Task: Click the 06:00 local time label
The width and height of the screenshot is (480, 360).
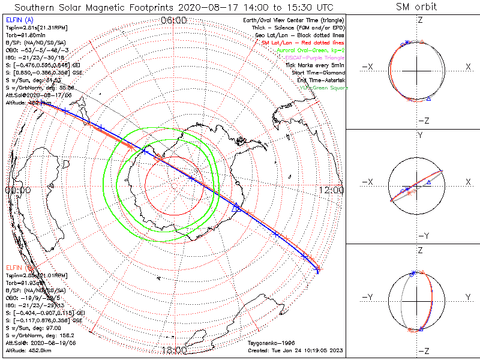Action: click(x=175, y=20)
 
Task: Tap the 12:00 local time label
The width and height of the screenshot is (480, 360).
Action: click(x=332, y=190)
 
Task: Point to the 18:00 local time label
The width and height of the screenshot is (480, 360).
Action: click(x=175, y=350)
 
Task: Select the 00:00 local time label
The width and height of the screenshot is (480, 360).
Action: click(x=17, y=190)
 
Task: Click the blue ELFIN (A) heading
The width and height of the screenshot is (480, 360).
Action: click(x=17, y=20)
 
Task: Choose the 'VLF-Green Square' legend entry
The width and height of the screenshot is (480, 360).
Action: click(x=323, y=88)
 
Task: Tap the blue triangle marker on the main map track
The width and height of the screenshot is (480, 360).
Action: click(x=236, y=208)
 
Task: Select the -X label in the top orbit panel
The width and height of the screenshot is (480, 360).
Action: click(x=369, y=67)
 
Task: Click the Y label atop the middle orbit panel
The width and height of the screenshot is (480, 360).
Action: click(x=419, y=136)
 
